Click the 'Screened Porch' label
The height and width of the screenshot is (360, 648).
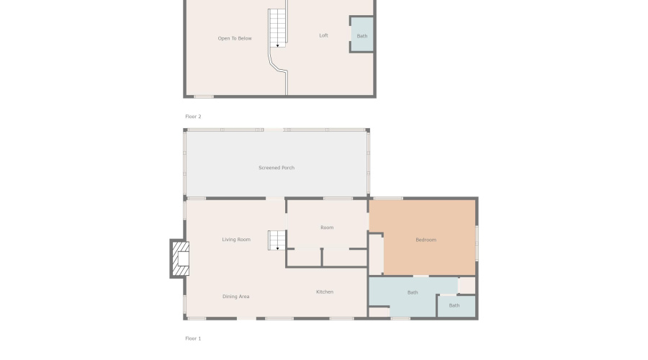coord(276,168)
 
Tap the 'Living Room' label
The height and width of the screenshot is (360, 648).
coord(236,239)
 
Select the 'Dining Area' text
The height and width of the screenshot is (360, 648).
coord(235,297)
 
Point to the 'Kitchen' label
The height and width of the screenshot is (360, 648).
coord(325,292)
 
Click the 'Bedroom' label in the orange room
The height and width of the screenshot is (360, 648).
coord(426,240)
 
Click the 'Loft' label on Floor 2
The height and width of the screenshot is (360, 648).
coord(323,35)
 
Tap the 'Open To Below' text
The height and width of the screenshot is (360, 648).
coord(235,38)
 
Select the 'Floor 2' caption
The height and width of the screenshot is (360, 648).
coord(193,117)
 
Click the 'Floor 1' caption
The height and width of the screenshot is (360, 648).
coord(193,338)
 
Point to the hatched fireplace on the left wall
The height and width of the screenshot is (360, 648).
coord(181,258)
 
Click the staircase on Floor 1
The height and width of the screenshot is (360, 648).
coord(276,240)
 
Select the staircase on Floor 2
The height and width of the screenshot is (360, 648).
coord(277,28)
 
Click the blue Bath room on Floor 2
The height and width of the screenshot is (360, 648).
coord(362,35)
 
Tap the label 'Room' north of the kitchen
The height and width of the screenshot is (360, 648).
coord(327,228)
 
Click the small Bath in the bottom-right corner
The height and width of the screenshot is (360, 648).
coord(456,306)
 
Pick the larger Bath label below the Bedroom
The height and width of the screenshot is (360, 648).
coord(413,292)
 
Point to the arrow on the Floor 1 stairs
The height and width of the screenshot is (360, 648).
coord(277,248)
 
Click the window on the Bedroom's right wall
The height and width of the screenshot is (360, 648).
coord(477,243)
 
